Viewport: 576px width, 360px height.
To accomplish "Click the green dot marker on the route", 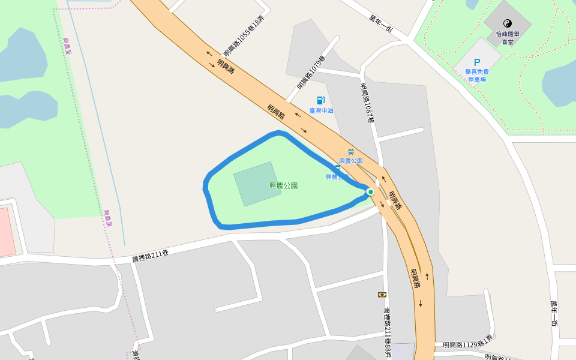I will point(371,192).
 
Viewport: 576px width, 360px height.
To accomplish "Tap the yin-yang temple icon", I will point(508,23).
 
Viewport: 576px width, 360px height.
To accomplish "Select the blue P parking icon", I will point(477,62).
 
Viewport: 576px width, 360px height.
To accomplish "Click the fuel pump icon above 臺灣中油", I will point(321,100).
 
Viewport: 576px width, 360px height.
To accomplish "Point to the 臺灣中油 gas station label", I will point(321,110).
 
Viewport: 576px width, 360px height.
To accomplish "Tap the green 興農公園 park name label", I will point(283,186).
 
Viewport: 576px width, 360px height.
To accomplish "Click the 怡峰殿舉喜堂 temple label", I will point(508,38).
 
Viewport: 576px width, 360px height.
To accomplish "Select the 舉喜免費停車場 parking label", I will point(477,75).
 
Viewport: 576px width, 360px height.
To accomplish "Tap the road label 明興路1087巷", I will point(367,103).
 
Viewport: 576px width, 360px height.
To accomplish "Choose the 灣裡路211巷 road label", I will point(151,256).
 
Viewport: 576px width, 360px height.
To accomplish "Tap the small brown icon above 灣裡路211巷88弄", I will point(382,295).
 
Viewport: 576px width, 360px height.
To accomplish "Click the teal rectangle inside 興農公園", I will point(257,184).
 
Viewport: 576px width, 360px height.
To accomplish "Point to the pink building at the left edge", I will point(6,231).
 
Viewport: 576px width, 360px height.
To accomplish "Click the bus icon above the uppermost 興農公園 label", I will point(351,152).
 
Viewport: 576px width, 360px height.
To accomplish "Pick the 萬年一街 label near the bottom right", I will point(554,313).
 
